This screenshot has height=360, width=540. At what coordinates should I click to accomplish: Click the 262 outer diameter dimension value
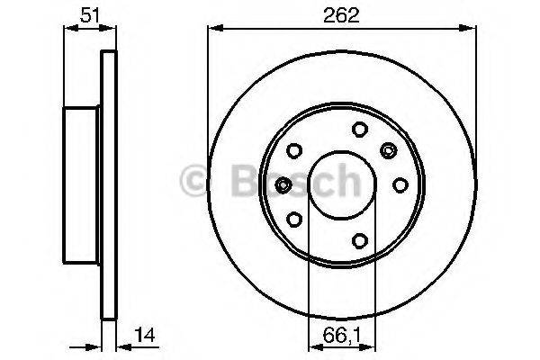[342, 13]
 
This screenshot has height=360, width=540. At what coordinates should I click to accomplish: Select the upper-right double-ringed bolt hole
[389, 149]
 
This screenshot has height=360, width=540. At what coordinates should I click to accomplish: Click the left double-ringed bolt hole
[283, 184]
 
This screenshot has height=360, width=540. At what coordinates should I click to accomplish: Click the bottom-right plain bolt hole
[358, 240]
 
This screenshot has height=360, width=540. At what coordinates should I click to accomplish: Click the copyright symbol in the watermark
[195, 181]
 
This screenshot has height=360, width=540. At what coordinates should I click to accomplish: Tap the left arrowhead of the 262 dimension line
[213, 28]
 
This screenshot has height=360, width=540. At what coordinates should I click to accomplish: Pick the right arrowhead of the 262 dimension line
[472, 28]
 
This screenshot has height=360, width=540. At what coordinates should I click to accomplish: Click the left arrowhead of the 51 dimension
[67, 28]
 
